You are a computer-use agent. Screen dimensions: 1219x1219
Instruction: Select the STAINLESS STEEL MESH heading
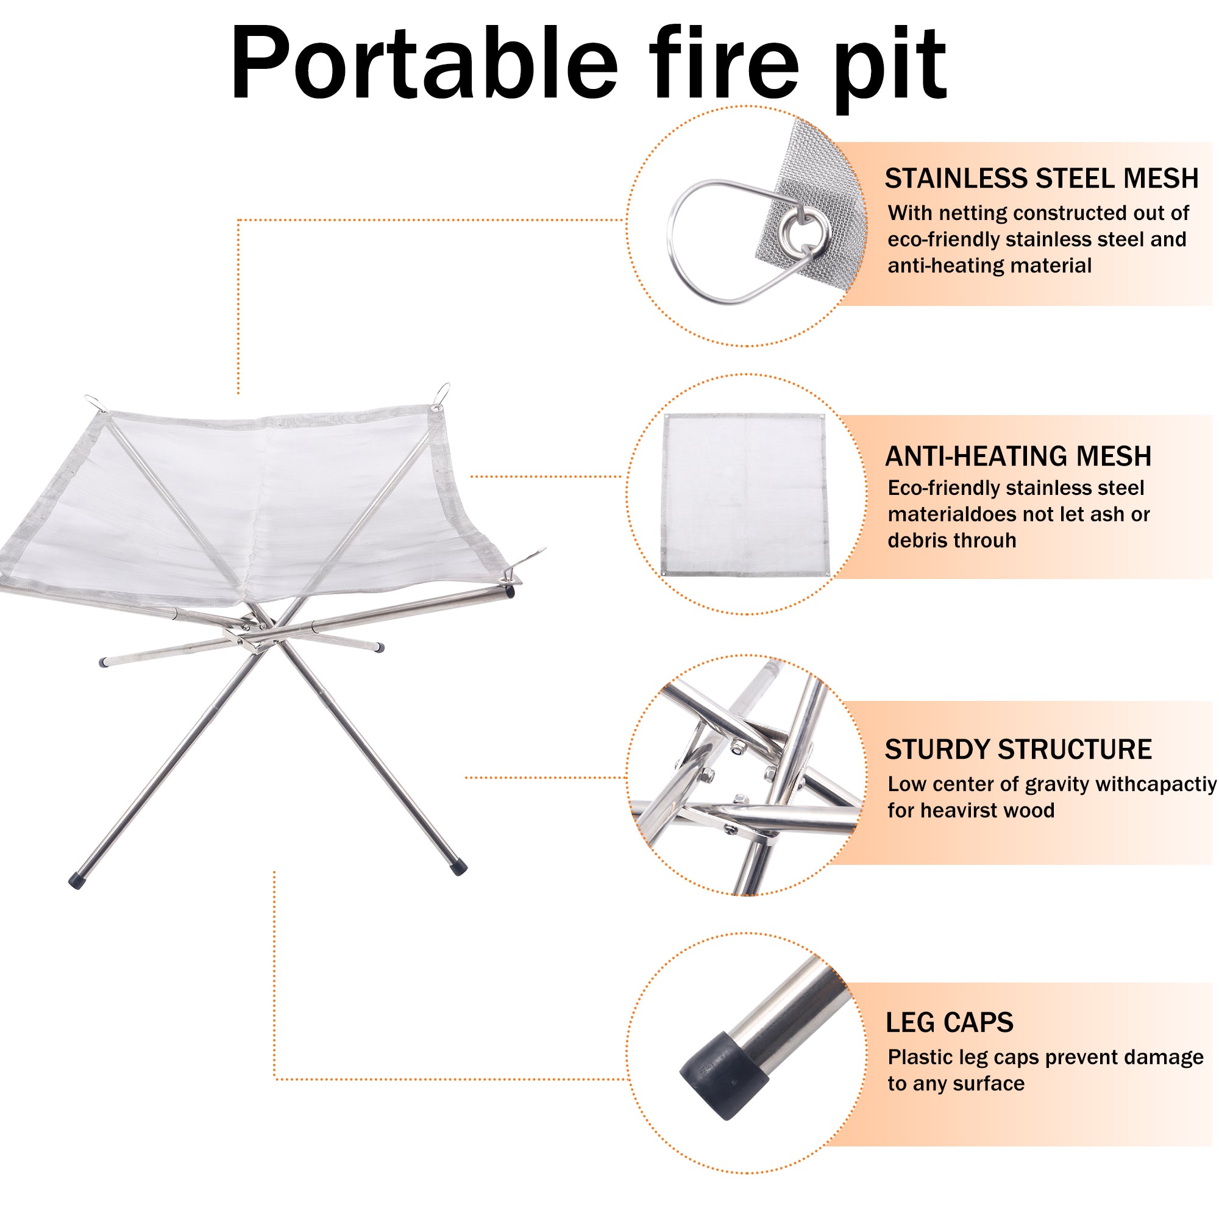1041,179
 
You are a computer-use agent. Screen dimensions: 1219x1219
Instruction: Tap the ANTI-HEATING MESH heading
1018,456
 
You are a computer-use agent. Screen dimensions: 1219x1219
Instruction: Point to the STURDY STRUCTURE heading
1018,750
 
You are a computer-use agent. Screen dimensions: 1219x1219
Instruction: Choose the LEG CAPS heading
949,1023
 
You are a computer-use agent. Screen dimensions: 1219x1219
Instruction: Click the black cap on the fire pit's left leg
76,881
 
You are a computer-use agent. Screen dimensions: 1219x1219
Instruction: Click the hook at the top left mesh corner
94,402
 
